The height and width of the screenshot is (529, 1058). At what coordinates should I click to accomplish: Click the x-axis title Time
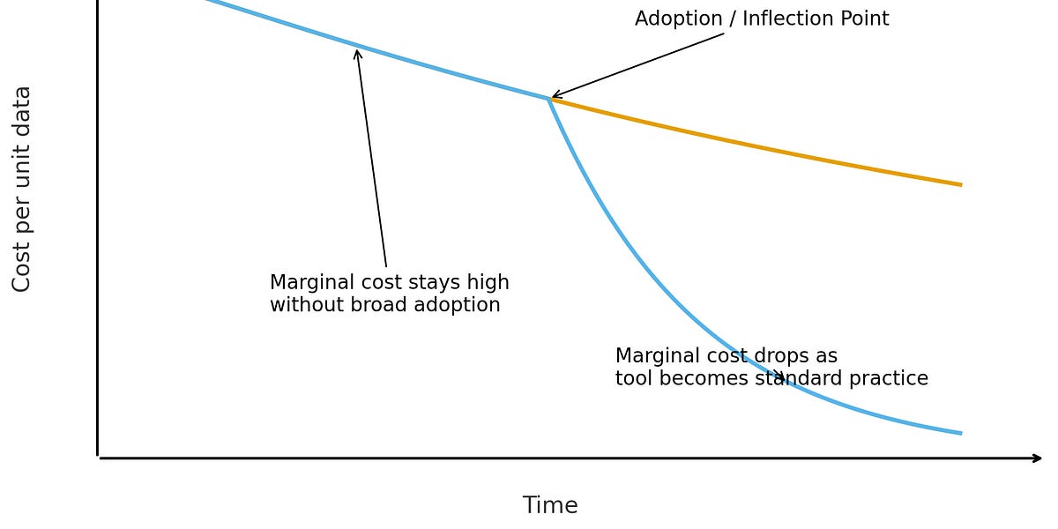click(x=550, y=506)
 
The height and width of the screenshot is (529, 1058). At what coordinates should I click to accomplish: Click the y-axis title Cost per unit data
click(x=22, y=189)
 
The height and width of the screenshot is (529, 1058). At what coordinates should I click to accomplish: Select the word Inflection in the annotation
click(x=786, y=19)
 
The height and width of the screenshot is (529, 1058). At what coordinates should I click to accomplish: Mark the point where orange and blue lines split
click(x=548, y=99)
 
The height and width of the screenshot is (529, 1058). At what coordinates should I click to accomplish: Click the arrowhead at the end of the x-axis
click(x=1038, y=458)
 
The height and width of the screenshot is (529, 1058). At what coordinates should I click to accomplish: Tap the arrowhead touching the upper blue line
click(x=357, y=54)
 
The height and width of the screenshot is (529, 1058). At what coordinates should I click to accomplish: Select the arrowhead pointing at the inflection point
click(x=556, y=95)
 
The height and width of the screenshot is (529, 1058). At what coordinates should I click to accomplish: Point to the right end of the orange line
click(x=960, y=184)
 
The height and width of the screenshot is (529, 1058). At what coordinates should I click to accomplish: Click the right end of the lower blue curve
click(x=960, y=433)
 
